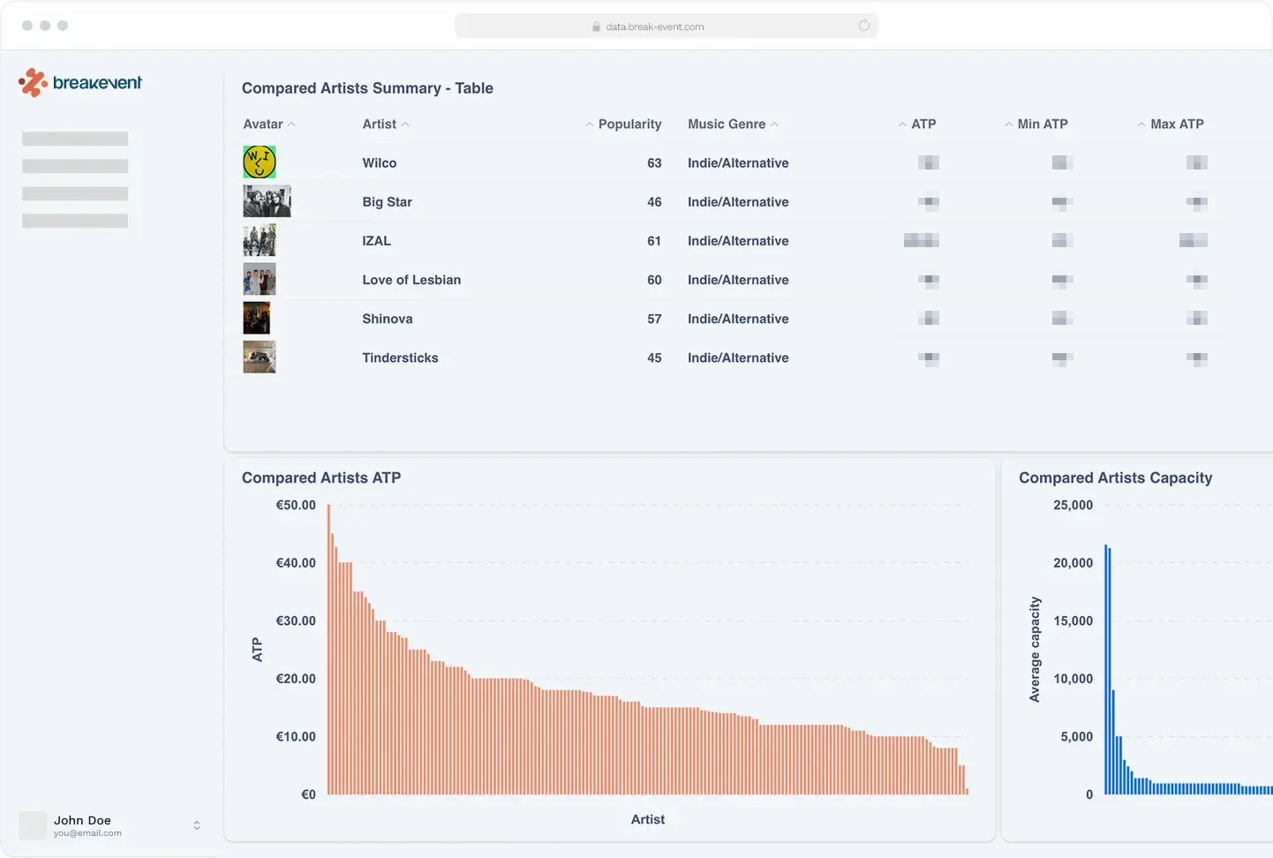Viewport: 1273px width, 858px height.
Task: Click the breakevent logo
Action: point(80,83)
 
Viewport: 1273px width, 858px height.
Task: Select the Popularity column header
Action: point(629,124)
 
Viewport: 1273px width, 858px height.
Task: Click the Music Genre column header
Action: point(727,124)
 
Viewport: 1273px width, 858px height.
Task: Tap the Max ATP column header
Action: point(1176,124)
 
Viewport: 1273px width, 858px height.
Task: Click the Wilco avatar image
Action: point(260,162)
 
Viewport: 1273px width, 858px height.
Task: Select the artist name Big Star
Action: point(387,202)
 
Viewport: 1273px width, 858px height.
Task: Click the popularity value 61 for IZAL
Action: point(654,241)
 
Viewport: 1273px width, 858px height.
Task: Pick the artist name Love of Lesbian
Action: point(411,280)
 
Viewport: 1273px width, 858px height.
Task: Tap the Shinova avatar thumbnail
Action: point(257,319)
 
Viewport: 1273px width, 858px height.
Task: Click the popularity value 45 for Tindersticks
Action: point(654,357)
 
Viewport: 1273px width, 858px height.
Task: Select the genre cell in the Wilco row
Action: point(738,163)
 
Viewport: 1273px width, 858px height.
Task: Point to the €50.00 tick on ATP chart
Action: point(296,506)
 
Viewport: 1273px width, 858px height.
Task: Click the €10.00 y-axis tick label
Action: point(296,737)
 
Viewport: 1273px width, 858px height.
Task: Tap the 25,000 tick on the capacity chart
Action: point(1073,506)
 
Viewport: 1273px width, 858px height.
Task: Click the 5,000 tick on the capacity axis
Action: point(1076,737)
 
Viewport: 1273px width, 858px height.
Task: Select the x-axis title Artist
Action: point(648,820)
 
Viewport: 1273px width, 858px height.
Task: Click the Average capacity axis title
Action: point(1035,650)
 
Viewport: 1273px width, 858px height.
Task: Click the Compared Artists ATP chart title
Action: point(321,478)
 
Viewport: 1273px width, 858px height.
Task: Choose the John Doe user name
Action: point(82,820)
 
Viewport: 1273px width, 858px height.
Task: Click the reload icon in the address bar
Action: point(864,26)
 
